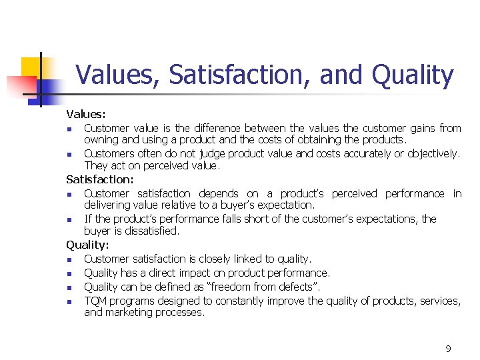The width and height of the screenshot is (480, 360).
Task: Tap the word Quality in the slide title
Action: [413, 75]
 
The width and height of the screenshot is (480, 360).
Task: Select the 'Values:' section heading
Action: [86, 115]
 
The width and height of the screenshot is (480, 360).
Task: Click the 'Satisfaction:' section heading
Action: [100, 179]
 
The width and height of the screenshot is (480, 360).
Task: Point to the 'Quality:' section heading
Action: [87, 245]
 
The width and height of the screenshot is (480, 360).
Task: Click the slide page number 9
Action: [448, 349]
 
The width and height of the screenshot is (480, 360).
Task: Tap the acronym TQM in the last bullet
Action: [96, 301]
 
